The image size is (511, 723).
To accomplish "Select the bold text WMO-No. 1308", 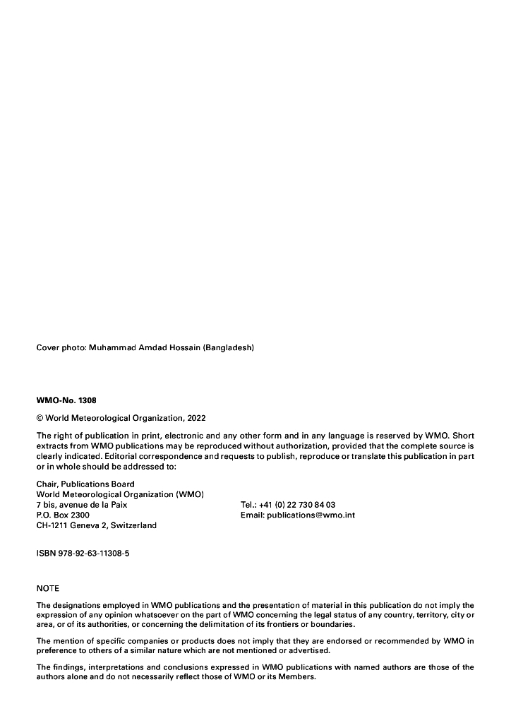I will point(66,400).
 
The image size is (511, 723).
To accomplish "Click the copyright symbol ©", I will point(40,418).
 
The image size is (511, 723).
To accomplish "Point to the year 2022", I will point(197,418).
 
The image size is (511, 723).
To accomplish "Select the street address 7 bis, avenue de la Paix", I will point(81,505).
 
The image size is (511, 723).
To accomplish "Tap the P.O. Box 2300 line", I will point(63,515).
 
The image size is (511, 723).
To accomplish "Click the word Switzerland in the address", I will point(133,525).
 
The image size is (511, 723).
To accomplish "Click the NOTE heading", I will point(48,588).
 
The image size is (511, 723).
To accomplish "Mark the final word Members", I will point(301,676).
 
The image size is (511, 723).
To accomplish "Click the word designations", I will point(76,605).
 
